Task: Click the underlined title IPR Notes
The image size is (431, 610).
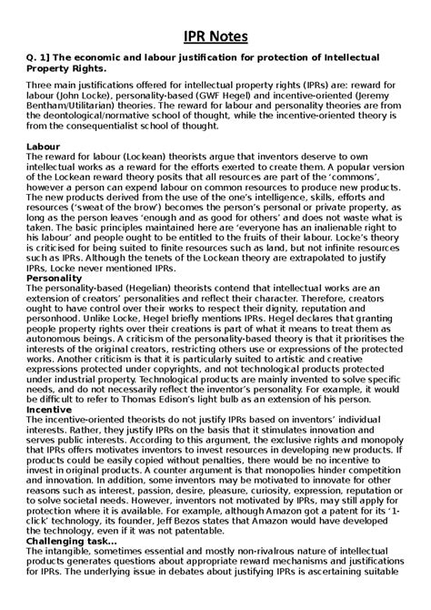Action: click(215, 36)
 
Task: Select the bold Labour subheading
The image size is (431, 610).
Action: click(47, 146)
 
